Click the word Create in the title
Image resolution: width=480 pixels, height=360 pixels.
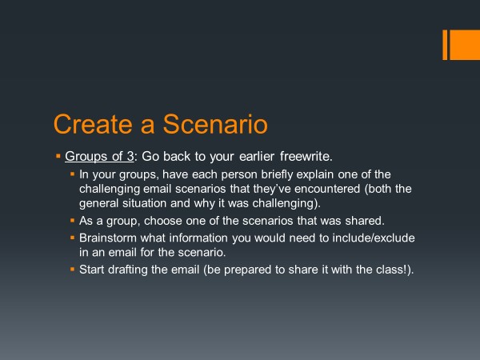[93, 124]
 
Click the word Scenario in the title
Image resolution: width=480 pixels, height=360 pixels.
[215, 124]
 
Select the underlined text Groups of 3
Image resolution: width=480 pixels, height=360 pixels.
[99, 157]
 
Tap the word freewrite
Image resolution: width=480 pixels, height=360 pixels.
[306, 156]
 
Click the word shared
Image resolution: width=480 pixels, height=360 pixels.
[365, 221]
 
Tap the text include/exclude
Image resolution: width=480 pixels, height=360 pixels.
[374, 238]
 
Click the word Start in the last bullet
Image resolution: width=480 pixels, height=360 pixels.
[92, 270]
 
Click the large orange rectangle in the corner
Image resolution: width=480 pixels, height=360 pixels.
[465, 45]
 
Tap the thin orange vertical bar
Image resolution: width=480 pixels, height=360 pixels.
[445, 45]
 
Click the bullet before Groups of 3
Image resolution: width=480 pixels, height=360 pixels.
[58, 157]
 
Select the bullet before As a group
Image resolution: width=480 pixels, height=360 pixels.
[72, 220]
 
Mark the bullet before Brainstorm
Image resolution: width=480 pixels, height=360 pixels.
[72, 238]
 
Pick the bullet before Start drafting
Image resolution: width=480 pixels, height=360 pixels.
[72, 270]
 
